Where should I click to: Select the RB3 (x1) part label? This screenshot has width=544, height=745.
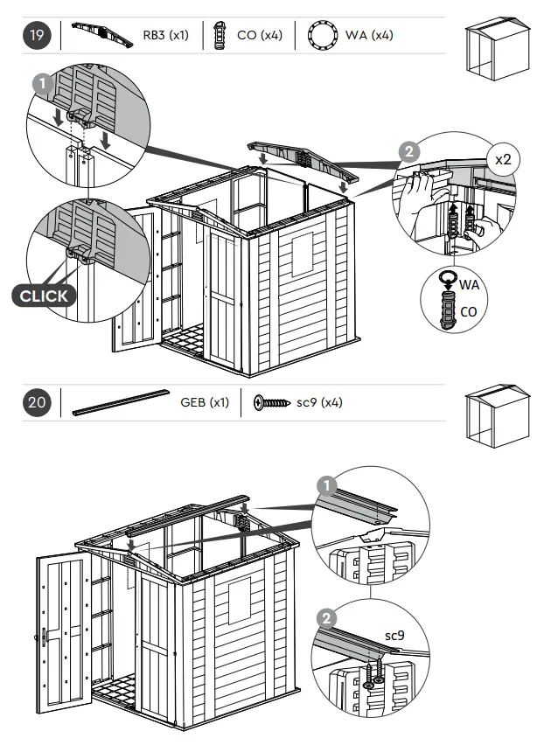click(165, 36)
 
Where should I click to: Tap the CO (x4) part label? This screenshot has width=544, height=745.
click(259, 36)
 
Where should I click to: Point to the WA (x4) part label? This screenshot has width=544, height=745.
click(369, 36)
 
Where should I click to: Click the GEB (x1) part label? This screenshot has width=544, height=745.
click(205, 403)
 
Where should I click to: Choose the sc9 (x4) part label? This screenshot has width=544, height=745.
click(319, 403)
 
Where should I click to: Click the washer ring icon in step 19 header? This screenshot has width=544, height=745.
click(324, 37)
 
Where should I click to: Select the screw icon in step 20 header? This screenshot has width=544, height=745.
click(271, 403)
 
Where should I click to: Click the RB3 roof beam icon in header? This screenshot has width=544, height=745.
click(101, 35)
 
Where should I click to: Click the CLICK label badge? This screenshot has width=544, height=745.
click(44, 296)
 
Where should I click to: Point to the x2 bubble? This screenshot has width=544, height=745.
click(503, 160)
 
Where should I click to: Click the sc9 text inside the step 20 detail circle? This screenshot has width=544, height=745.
click(395, 636)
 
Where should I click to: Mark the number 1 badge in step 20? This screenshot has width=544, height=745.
click(325, 484)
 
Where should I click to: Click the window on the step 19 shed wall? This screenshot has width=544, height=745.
click(302, 254)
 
